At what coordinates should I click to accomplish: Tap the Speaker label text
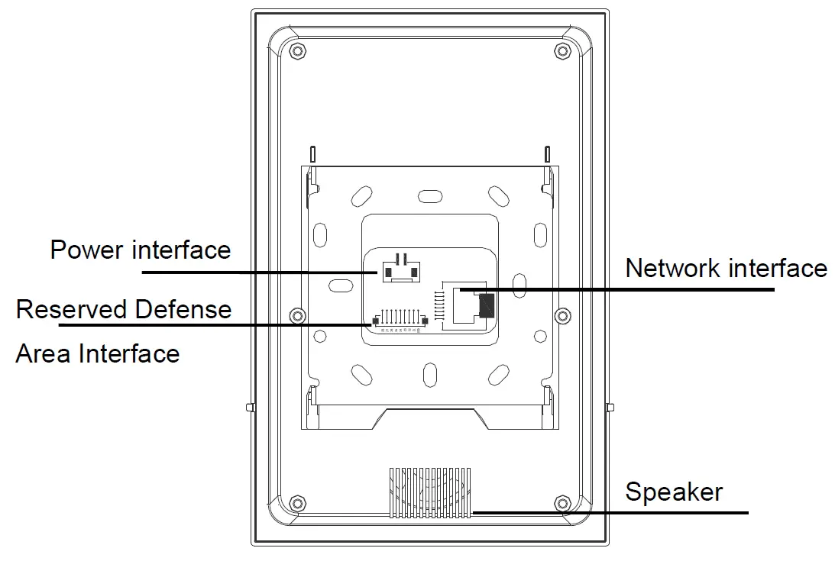click(673, 492)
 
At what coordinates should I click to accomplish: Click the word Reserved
click(72, 309)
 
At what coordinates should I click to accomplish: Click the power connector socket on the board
click(401, 270)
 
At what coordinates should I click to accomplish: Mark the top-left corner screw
click(298, 51)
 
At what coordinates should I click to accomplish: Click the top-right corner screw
click(562, 51)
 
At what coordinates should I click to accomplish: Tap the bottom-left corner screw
click(298, 503)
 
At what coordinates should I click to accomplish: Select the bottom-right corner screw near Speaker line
click(562, 503)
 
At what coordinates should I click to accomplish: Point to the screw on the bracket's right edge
click(562, 315)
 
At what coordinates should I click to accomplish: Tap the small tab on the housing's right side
click(610, 408)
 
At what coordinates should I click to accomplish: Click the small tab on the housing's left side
click(249, 408)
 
